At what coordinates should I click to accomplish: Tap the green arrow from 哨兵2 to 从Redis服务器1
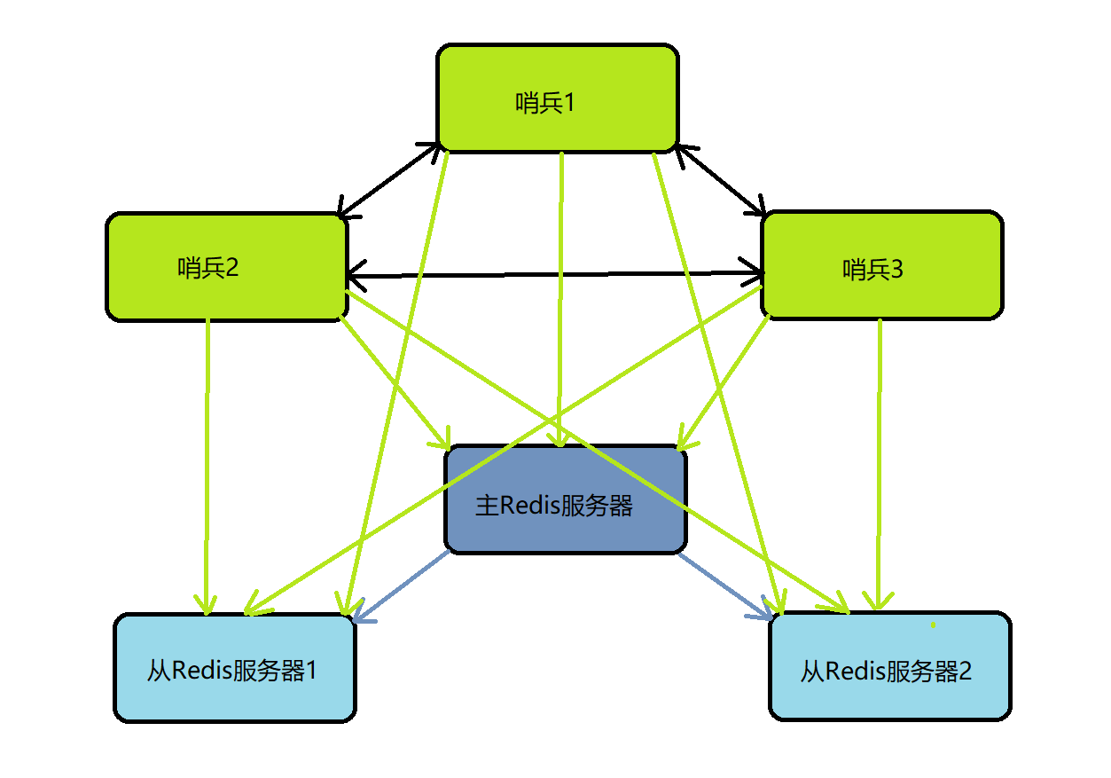[207, 461]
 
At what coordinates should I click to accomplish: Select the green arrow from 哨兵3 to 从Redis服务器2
[879, 461]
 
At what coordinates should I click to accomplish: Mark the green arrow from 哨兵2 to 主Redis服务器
[395, 381]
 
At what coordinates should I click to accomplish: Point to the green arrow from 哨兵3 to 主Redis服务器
[723, 381]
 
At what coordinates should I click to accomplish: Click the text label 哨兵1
[545, 103]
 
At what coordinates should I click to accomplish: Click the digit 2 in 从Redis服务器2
[964, 671]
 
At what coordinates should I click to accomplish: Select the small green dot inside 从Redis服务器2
[933, 625]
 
